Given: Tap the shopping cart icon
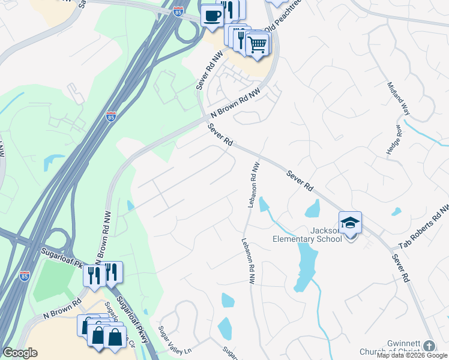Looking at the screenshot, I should [258, 43].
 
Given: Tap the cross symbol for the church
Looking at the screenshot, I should [429, 346].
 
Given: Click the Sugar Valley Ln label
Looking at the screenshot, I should [173, 340].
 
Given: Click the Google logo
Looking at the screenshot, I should [20, 353].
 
